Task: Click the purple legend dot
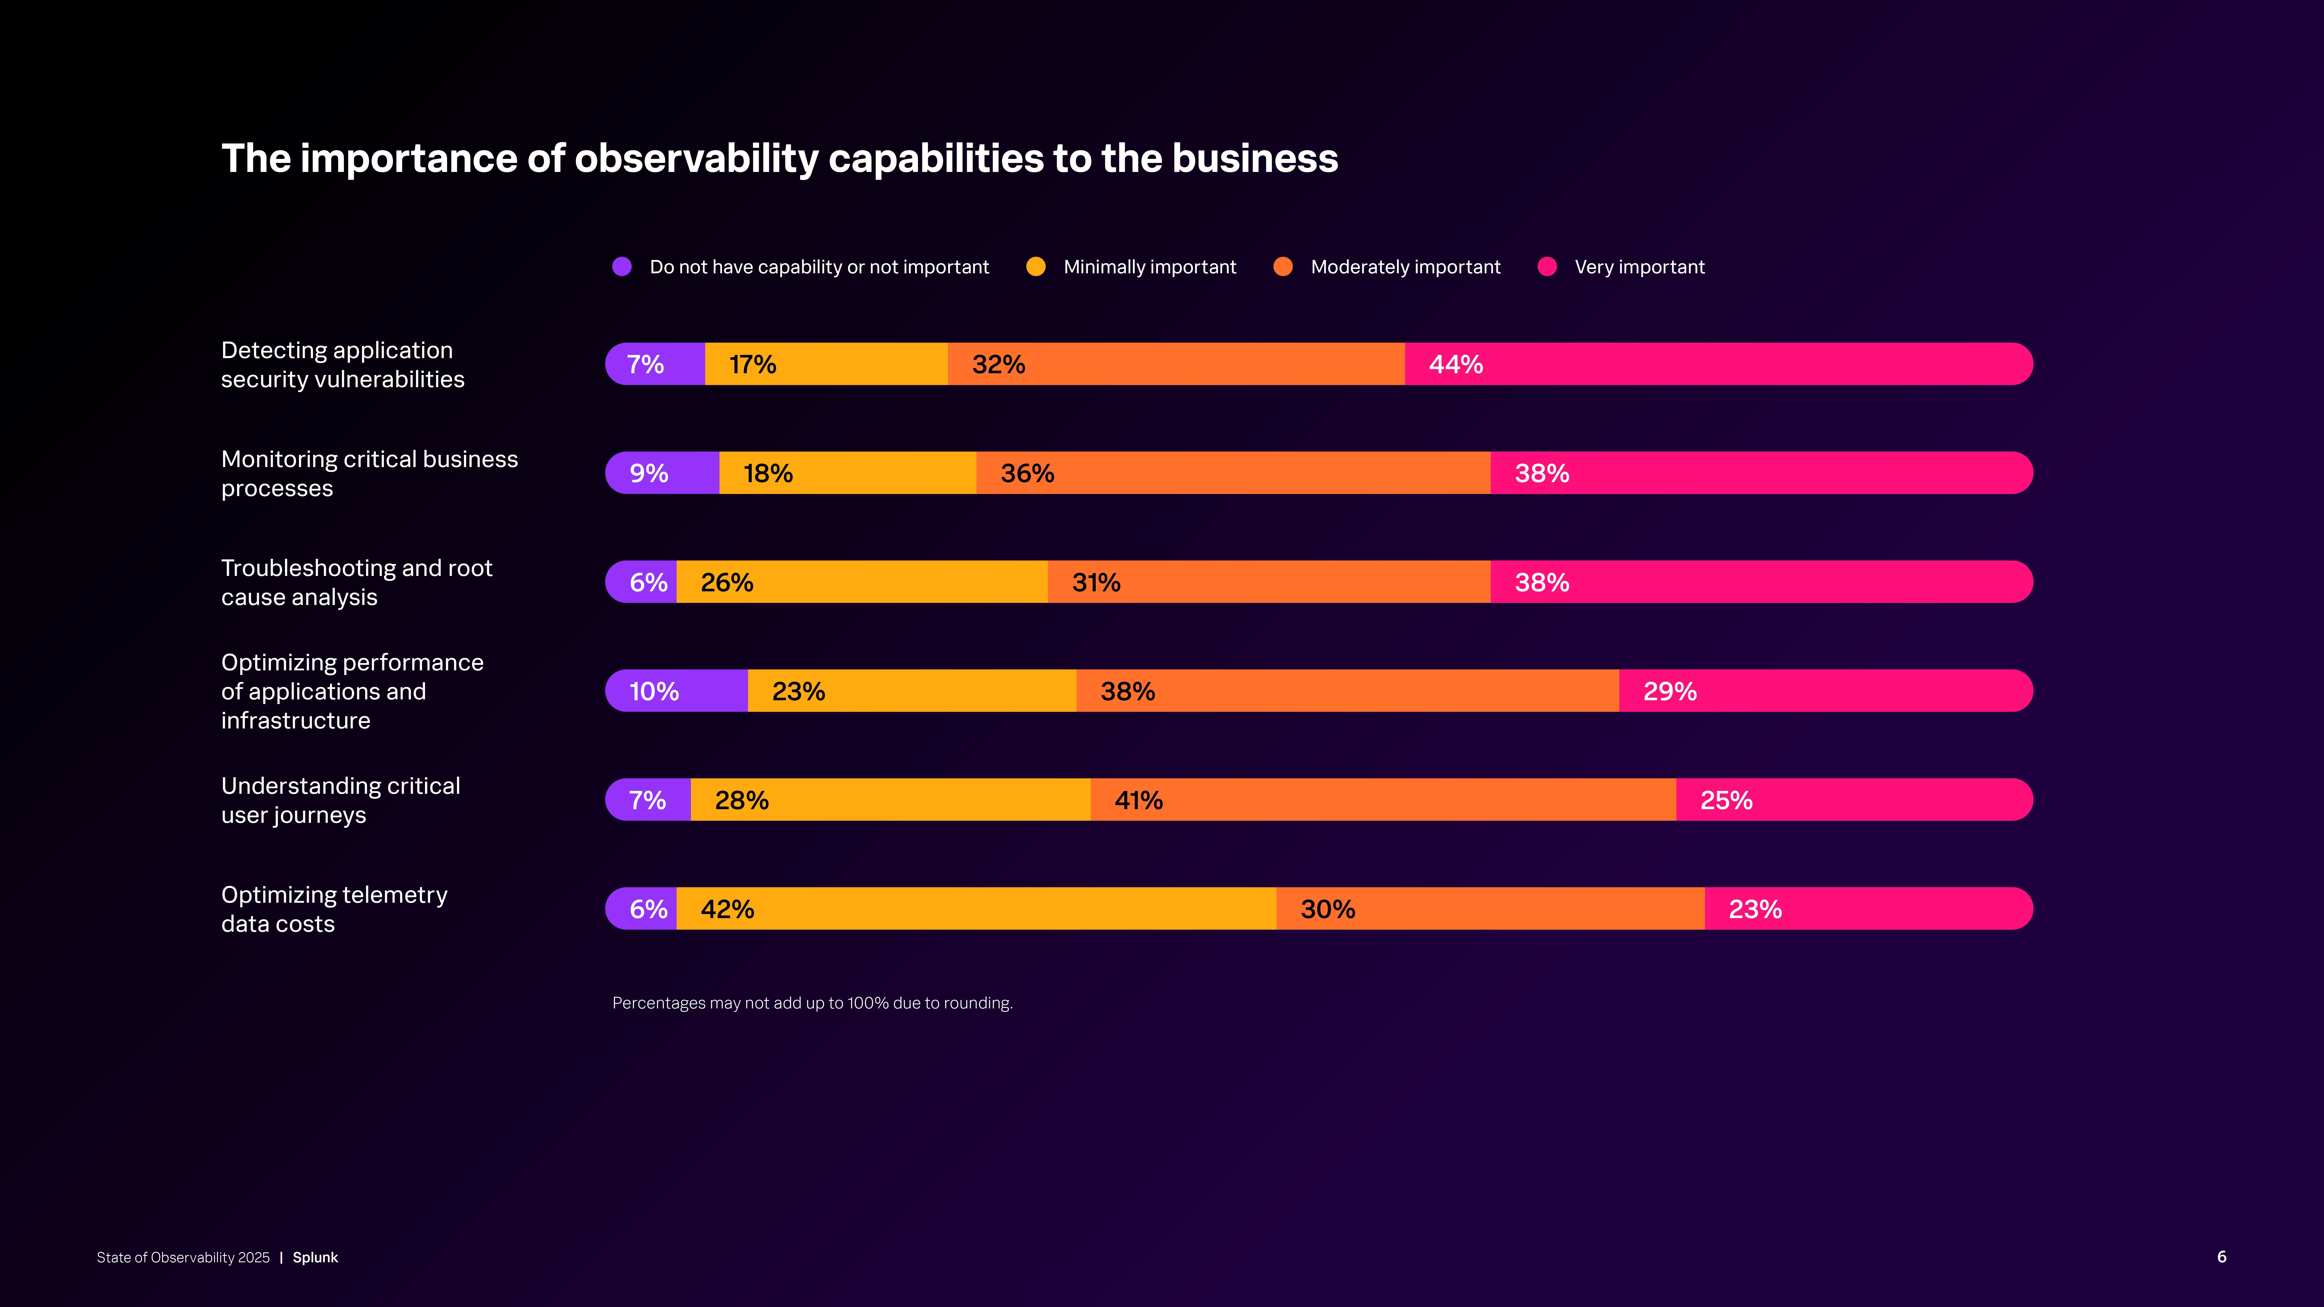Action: (x=622, y=267)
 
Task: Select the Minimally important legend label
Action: (x=1150, y=267)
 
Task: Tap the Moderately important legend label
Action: (x=1405, y=267)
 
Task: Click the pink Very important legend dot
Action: (x=1547, y=267)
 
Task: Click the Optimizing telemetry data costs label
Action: (x=334, y=909)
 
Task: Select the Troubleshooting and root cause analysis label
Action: (x=356, y=583)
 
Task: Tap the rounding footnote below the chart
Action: (x=812, y=1003)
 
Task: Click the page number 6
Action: (x=2221, y=1256)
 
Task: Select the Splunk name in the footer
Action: (x=315, y=1257)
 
